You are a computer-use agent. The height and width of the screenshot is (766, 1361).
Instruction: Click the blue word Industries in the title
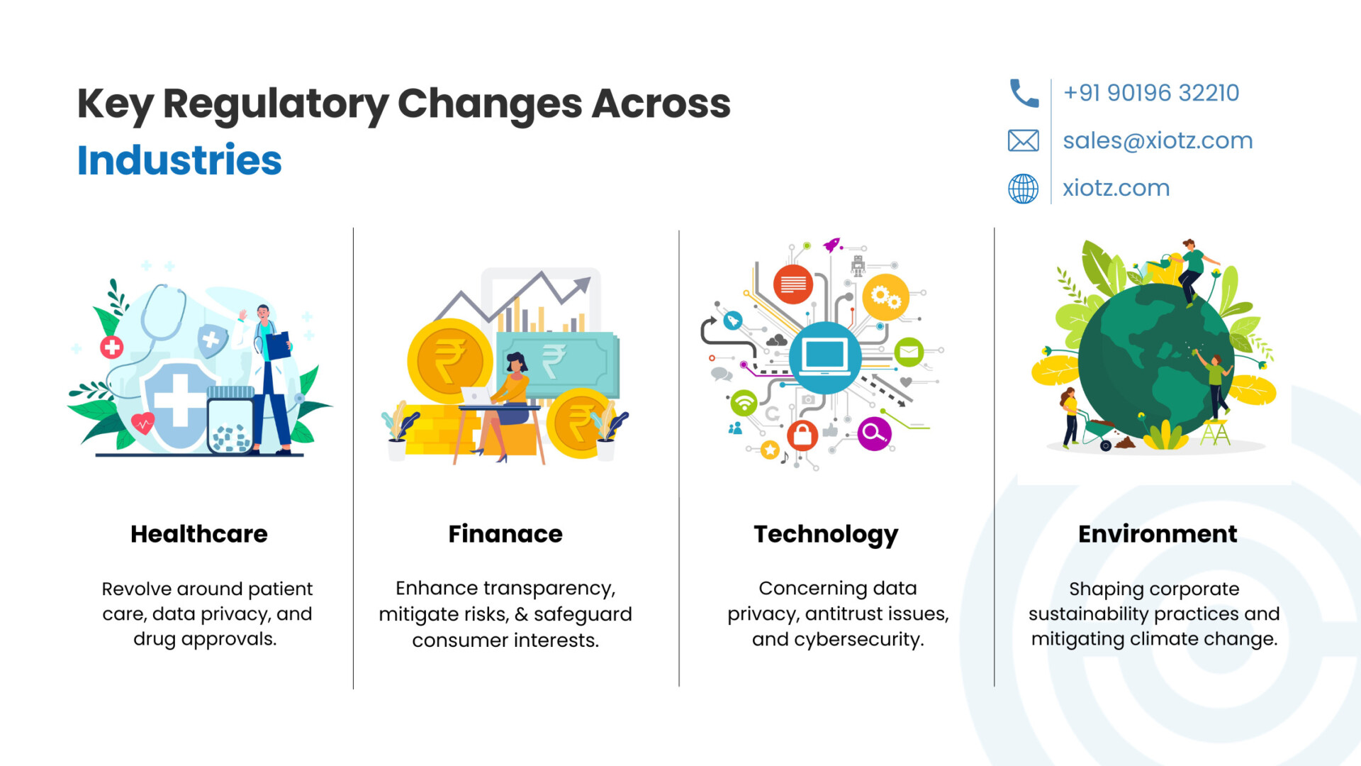179,160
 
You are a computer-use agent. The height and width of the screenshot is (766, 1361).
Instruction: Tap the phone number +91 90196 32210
1151,93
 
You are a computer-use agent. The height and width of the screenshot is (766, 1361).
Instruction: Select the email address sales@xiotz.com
1158,140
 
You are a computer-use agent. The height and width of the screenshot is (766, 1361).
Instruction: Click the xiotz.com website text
1116,188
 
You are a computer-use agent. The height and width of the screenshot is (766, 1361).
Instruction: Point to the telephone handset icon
1024,93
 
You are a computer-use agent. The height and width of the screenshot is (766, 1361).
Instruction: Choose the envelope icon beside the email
1024,140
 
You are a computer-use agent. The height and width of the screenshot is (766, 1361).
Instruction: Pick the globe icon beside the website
1024,189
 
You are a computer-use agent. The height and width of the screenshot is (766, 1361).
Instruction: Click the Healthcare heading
199,534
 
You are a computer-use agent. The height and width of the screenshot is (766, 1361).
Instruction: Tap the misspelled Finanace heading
505,534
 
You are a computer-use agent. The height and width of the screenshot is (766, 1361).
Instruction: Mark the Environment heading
1158,534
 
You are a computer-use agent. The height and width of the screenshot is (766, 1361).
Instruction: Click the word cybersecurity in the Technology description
859,640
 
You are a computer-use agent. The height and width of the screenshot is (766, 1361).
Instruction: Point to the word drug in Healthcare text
155,640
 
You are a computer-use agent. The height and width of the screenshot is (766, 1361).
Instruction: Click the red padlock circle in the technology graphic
802,434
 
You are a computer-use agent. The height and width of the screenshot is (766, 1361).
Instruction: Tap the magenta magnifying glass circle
874,434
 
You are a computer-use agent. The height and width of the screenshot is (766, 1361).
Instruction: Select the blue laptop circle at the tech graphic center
825,357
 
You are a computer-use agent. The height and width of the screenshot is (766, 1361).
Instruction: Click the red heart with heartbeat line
143,423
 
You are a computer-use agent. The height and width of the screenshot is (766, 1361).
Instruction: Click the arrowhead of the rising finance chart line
583,284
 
